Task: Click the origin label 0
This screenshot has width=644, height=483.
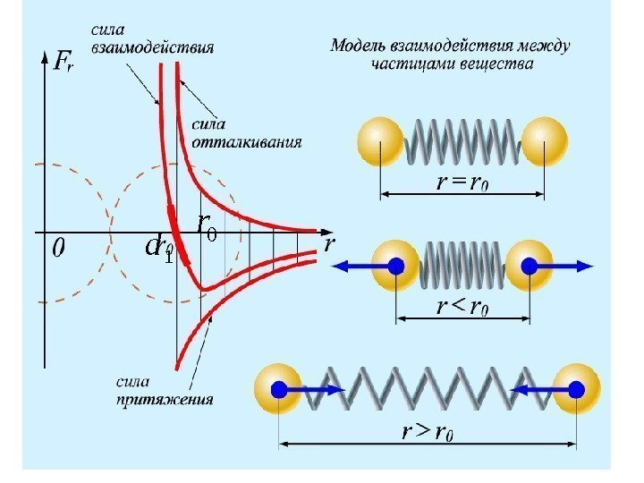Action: pyautogui.click(x=58, y=248)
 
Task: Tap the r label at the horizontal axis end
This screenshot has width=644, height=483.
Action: pyautogui.click(x=329, y=244)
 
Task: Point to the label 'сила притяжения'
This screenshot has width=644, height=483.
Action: pyautogui.click(x=164, y=392)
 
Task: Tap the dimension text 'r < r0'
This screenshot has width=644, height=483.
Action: pyautogui.click(x=462, y=309)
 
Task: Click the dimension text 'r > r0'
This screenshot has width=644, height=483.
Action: pyautogui.click(x=428, y=434)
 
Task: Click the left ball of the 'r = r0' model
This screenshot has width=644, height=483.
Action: pyautogui.click(x=381, y=140)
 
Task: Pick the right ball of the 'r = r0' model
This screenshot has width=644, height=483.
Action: pyautogui.click(x=545, y=140)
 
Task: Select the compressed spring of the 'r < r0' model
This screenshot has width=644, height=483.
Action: pyautogui.click(x=462, y=266)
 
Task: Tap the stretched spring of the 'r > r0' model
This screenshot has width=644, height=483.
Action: pyautogui.click(x=428, y=389)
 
